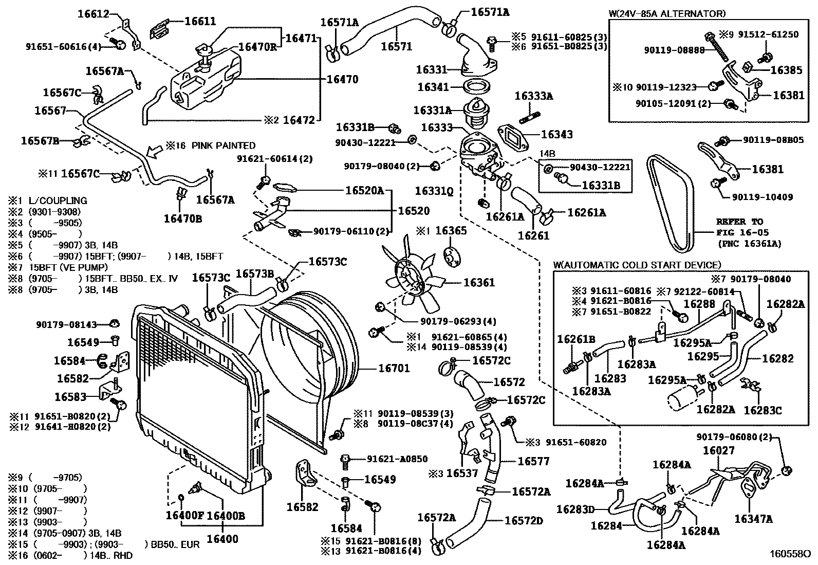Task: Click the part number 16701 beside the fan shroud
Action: tap(394, 368)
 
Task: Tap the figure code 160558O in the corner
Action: tap(789, 555)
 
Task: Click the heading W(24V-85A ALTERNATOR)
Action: tap(666, 14)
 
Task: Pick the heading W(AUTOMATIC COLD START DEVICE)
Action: tap(637, 265)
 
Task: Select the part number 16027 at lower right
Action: tap(718, 450)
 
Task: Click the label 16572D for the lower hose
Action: tap(524, 520)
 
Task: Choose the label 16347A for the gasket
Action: tap(753, 519)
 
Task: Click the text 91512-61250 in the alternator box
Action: tap(768, 34)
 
